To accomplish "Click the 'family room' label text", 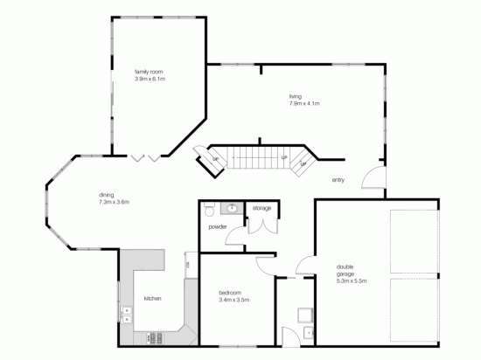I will click(149, 72).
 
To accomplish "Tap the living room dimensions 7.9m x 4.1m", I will click(304, 104).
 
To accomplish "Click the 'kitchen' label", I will click(153, 299).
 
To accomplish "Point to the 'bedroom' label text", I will click(229, 293).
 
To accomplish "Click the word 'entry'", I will click(338, 180).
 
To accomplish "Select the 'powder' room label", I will click(217, 226).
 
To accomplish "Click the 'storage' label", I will click(261, 209).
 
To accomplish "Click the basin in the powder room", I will click(233, 208).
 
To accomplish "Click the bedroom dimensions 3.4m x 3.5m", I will click(234, 300).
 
